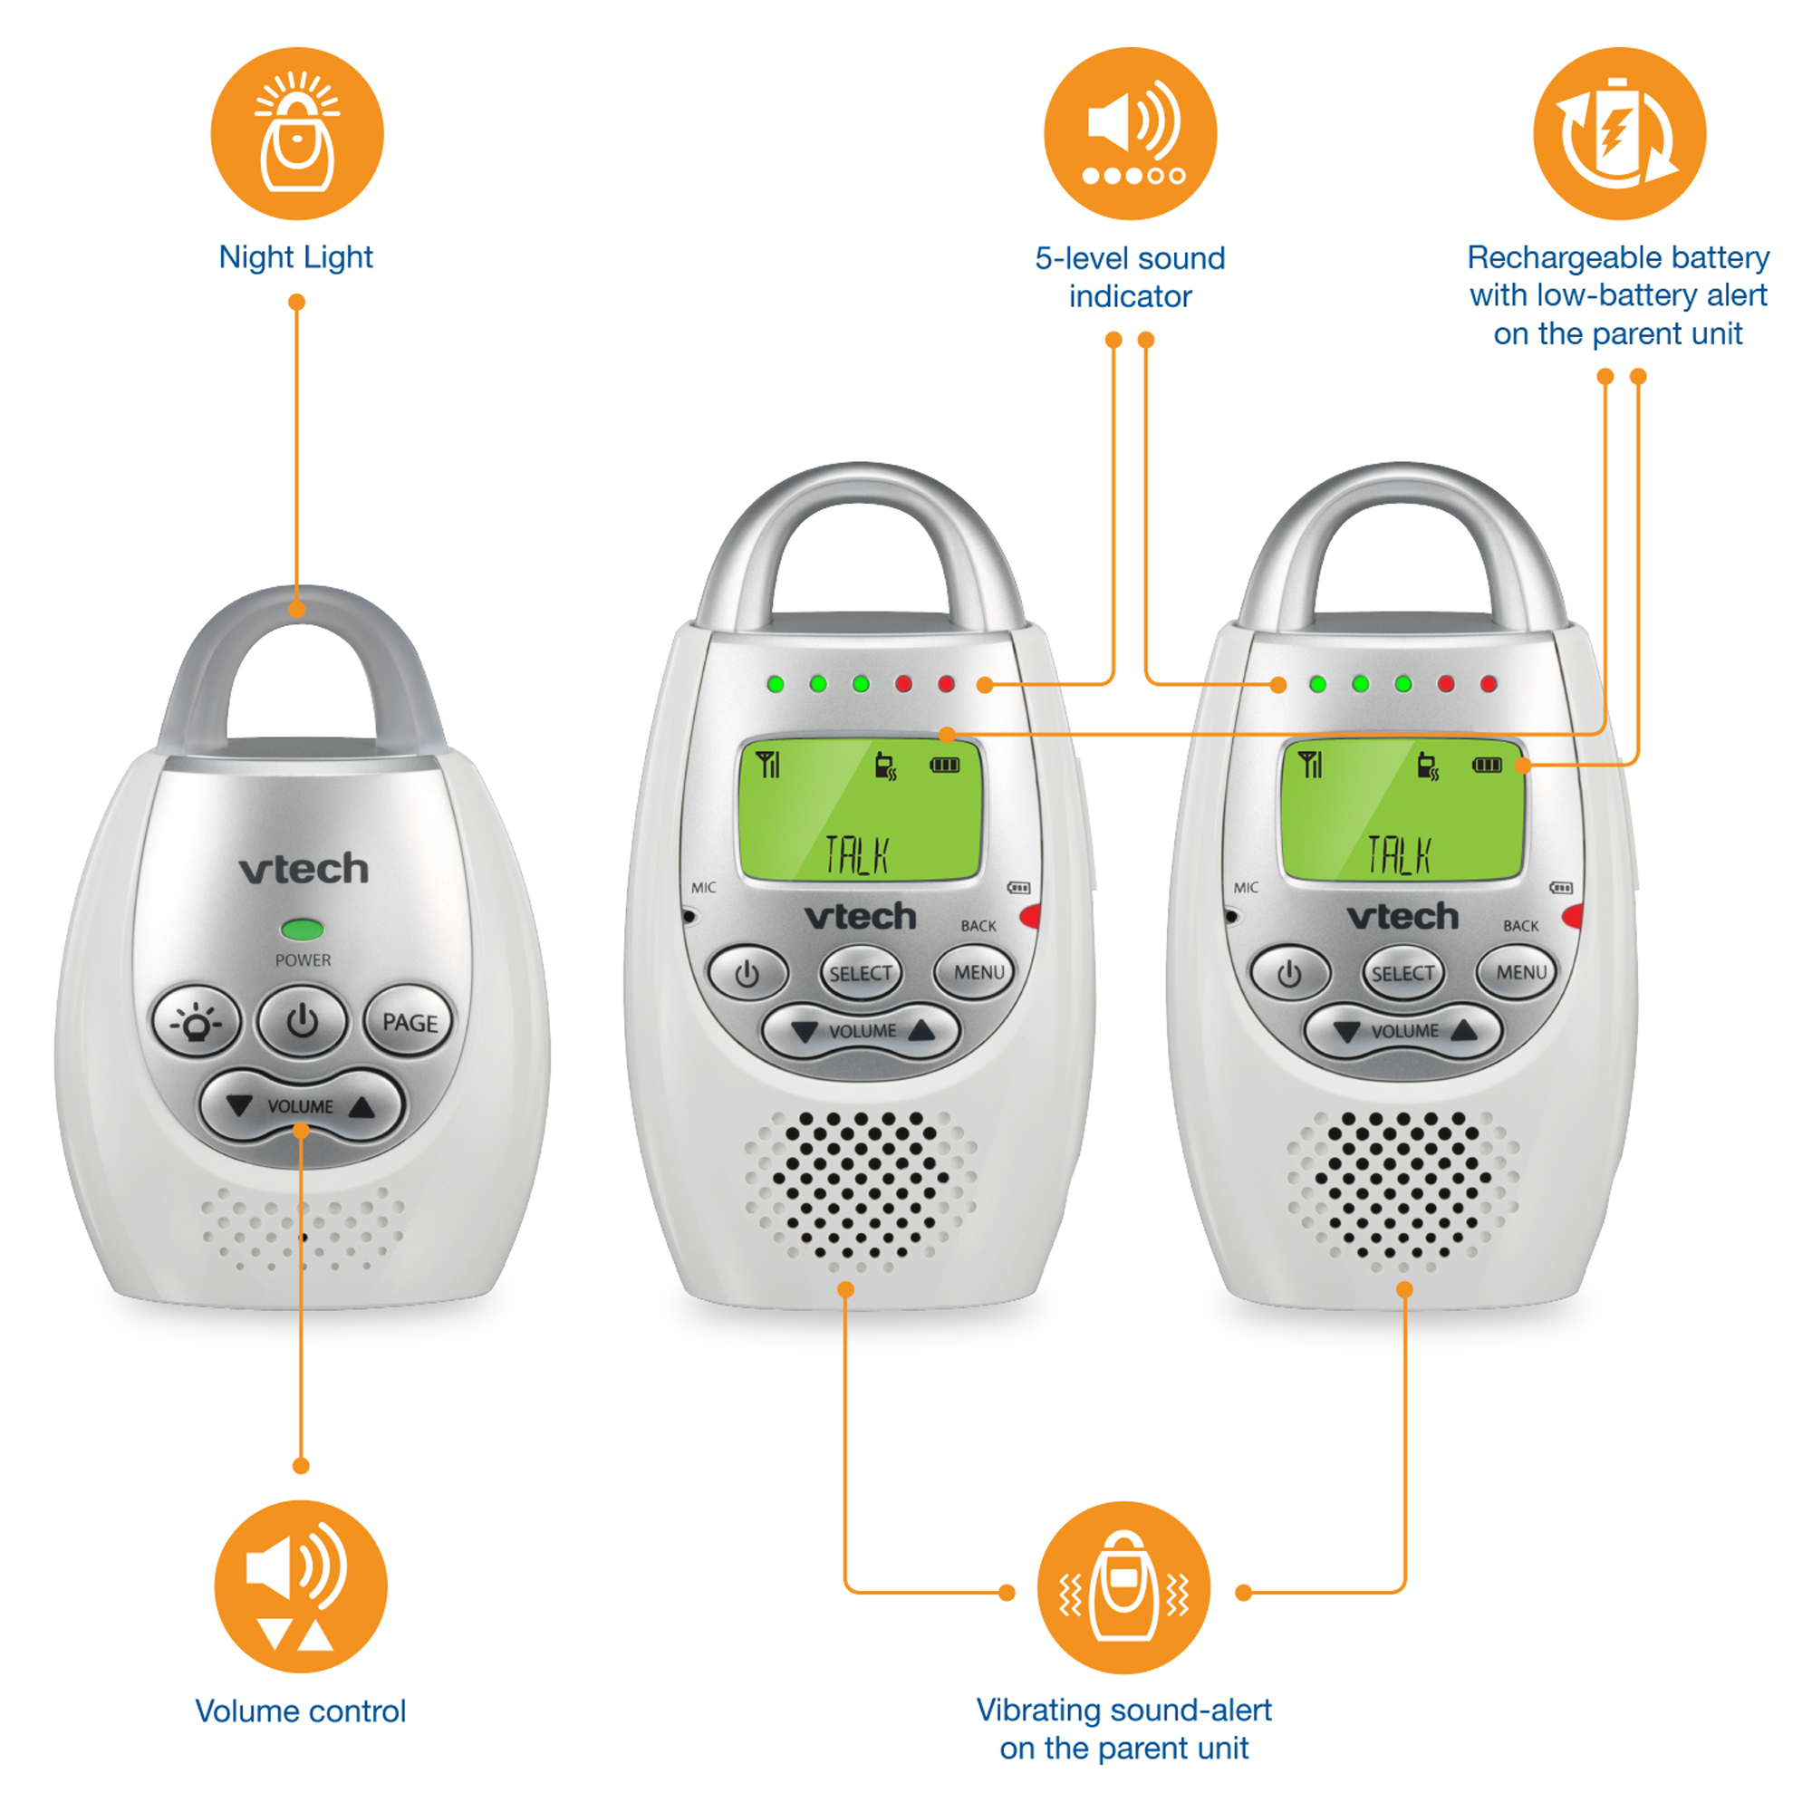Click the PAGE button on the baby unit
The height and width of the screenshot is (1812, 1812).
(x=409, y=1022)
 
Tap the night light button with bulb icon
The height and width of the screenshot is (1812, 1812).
(x=196, y=1022)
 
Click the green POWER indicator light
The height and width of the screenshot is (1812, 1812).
(x=302, y=930)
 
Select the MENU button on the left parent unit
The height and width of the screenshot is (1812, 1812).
(x=978, y=972)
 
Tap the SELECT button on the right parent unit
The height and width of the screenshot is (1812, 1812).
(x=1402, y=974)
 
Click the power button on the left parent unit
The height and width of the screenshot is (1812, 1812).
(x=747, y=975)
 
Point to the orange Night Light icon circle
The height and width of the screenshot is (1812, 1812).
(x=297, y=134)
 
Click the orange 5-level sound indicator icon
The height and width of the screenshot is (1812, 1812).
(x=1130, y=134)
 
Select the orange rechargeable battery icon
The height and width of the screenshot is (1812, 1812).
(x=1619, y=134)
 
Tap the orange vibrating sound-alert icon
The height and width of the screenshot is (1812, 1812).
(x=1123, y=1588)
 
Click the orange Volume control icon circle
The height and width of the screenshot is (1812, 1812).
(x=300, y=1587)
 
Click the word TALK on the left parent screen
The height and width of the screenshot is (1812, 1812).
(x=855, y=854)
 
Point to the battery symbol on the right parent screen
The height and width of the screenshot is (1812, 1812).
(x=1487, y=766)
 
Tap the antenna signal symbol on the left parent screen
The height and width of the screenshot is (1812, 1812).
(x=768, y=765)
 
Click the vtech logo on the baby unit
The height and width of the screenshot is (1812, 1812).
(x=304, y=870)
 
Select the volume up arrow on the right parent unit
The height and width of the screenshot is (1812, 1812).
(x=1464, y=1032)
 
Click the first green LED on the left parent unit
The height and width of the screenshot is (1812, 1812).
(x=776, y=685)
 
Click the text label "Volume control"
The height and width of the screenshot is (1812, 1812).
(x=300, y=1711)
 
